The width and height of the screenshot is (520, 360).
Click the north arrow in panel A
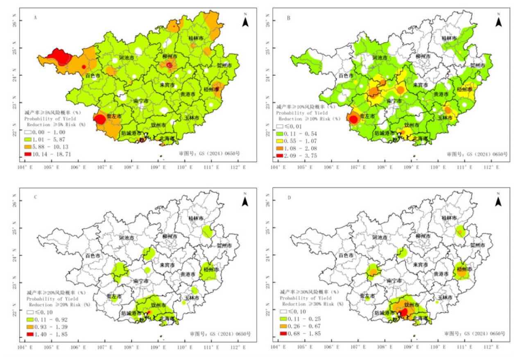(245, 22)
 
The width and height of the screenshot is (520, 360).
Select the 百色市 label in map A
(93, 75)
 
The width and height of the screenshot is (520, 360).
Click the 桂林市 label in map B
(449, 38)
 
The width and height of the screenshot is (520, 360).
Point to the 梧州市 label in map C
(209, 270)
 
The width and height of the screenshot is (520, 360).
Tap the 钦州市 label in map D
(411, 305)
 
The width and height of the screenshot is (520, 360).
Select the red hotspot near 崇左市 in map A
(99, 119)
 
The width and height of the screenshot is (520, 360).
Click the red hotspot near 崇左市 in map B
(353, 119)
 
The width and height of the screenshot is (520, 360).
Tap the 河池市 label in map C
(126, 238)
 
